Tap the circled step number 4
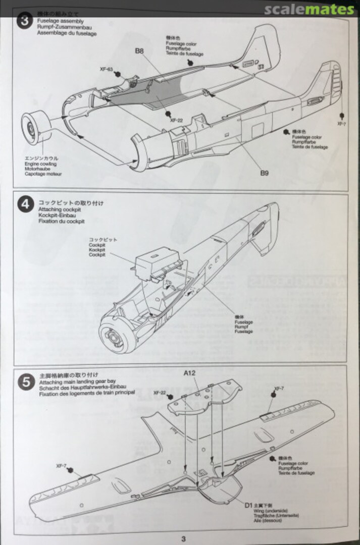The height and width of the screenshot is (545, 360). click(26, 205)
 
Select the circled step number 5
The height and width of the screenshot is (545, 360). click(26, 381)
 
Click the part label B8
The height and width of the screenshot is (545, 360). click(139, 50)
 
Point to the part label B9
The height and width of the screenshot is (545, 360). click(265, 173)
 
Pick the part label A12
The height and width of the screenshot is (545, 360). click(190, 373)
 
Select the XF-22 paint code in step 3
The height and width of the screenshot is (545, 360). click(176, 121)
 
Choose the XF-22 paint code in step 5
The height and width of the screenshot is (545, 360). click(160, 392)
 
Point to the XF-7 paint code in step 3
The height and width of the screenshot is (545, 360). click(342, 123)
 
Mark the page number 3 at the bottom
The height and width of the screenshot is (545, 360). click(183, 538)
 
